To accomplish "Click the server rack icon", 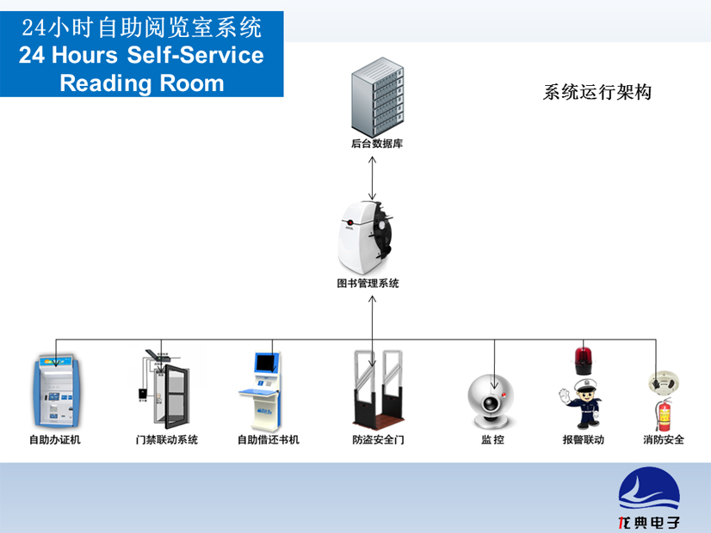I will (376, 100).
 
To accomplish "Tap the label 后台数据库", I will (377, 144).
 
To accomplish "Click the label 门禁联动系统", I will (167, 439).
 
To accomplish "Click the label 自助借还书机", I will (269, 439).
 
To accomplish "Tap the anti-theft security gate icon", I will (376, 391).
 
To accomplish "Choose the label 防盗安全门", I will (377, 439).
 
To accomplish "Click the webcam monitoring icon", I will (492, 401).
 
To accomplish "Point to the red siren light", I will (584, 359).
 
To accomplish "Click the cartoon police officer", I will (582, 404).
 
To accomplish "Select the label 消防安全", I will (664, 439).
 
